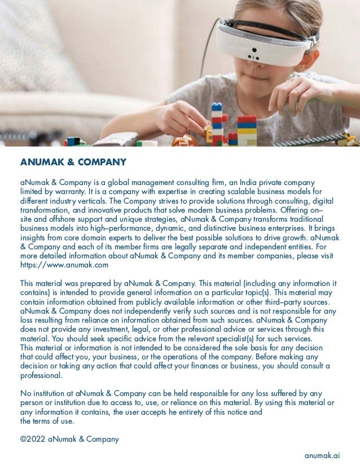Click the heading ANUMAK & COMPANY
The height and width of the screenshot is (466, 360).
coord(73,162)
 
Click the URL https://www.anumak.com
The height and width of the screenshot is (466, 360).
coord(64,265)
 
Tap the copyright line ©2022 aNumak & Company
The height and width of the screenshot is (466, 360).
coord(69,438)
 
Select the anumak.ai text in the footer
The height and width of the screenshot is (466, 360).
coord(322,455)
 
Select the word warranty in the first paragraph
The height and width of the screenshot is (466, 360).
coord(60,192)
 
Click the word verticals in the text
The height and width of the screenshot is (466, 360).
coord(91,201)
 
